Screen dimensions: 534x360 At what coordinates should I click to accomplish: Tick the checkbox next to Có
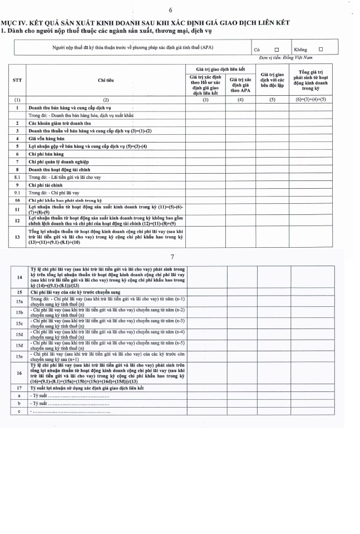[276, 49]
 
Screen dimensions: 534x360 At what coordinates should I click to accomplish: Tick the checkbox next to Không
[320, 49]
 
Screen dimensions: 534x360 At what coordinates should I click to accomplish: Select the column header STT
[17, 80]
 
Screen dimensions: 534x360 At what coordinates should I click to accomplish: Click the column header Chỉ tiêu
[106, 80]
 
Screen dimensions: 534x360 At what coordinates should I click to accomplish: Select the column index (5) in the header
[273, 99]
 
